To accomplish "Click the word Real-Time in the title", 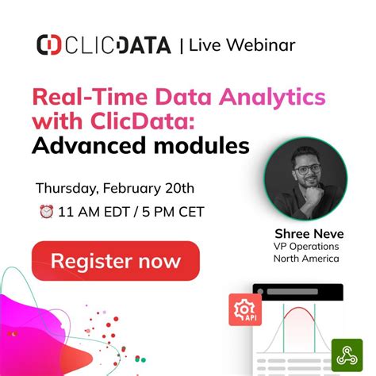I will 82,98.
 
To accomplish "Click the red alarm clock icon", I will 45,212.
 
